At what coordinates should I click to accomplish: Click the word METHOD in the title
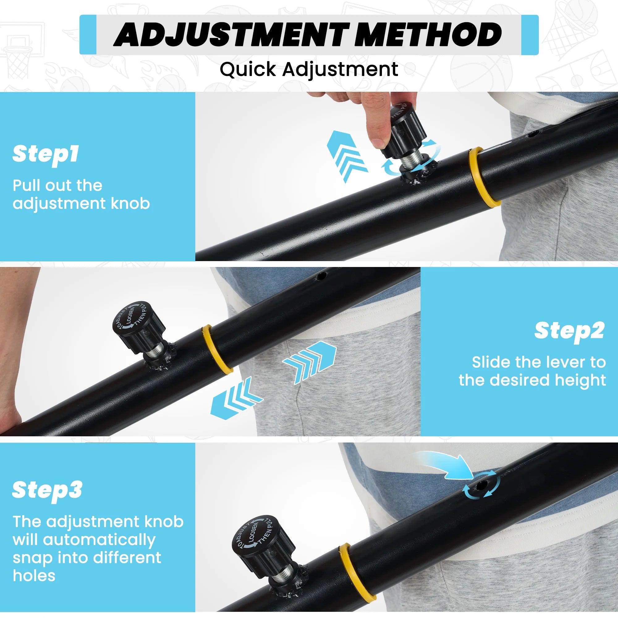[428, 35]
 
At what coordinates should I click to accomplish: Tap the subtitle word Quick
[248, 70]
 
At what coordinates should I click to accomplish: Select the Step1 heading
[45, 154]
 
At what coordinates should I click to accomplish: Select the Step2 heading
[569, 331]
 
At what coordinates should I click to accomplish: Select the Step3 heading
[47, 490]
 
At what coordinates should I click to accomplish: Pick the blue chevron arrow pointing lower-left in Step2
[237, 398]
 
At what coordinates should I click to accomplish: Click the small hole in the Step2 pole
[320, 276]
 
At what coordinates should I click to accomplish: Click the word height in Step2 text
[580, 381]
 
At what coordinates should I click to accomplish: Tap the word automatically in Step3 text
[99, 540]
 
